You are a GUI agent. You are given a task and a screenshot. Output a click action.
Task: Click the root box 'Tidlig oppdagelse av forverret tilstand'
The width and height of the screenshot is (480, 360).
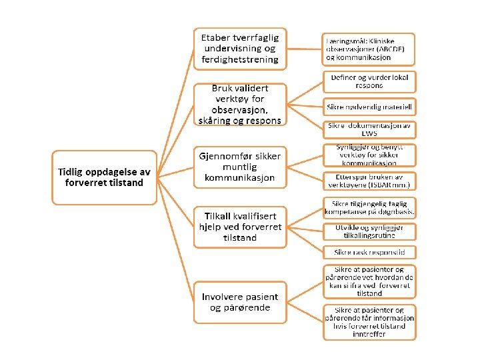pyautogui.click(x=103, y=177)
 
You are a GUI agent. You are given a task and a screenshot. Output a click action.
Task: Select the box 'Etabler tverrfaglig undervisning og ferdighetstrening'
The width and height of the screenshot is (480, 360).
pyautogui.click(x=240, y=48)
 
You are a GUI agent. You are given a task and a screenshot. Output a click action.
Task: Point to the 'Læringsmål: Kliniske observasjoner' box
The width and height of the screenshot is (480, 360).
pyautogui.click(x=369, y=49)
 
